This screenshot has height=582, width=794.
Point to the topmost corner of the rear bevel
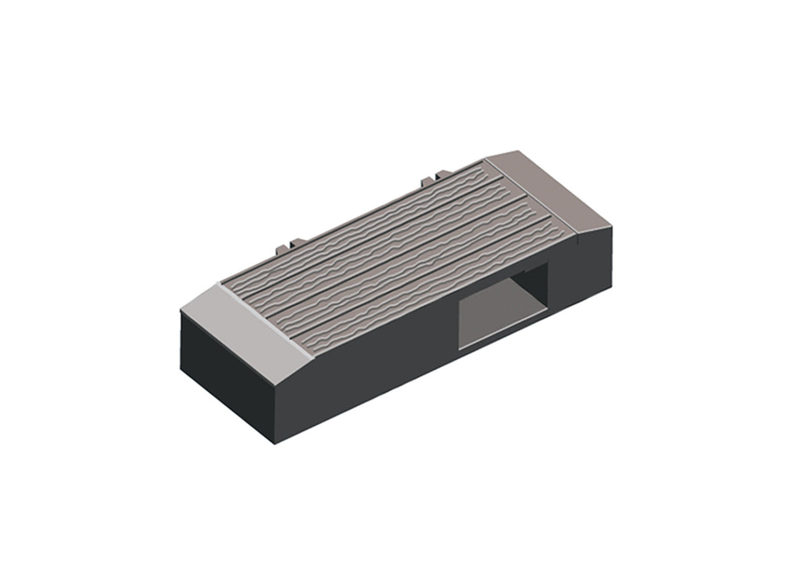tap(518, 151)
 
